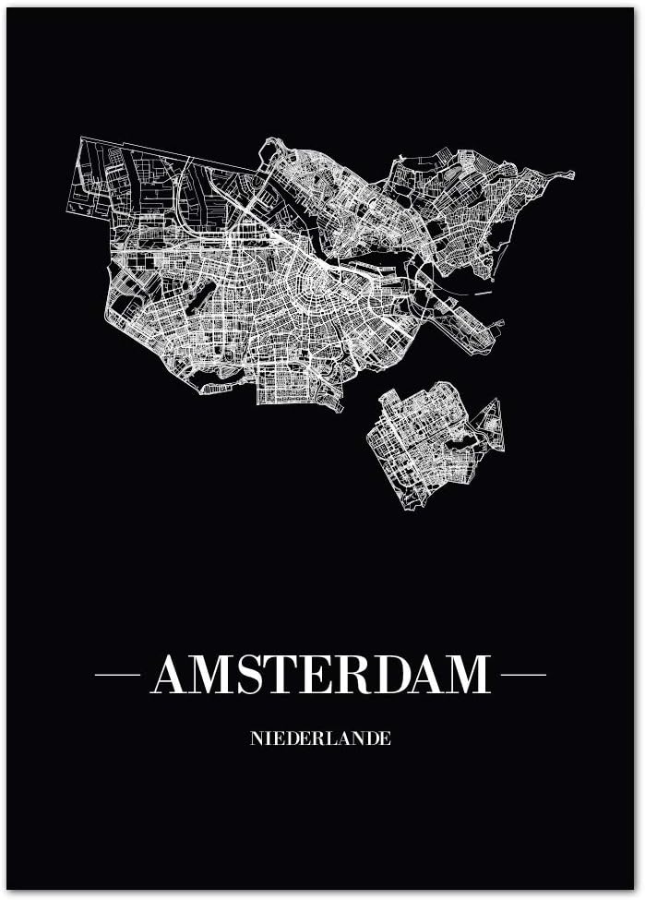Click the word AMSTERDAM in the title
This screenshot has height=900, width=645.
(320, 675)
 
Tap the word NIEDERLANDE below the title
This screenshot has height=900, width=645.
(320, 738)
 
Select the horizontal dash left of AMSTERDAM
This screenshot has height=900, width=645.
(117, 675)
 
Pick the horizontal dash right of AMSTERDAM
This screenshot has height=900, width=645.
(523, 675)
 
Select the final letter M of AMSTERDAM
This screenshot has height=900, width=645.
(466, 675)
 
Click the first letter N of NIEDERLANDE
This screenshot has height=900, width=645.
(256, 738)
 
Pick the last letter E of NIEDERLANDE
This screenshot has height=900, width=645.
(387, 738)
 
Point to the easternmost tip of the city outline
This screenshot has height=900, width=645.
(573, 174)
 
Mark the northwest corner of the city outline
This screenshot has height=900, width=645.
(82, 139)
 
